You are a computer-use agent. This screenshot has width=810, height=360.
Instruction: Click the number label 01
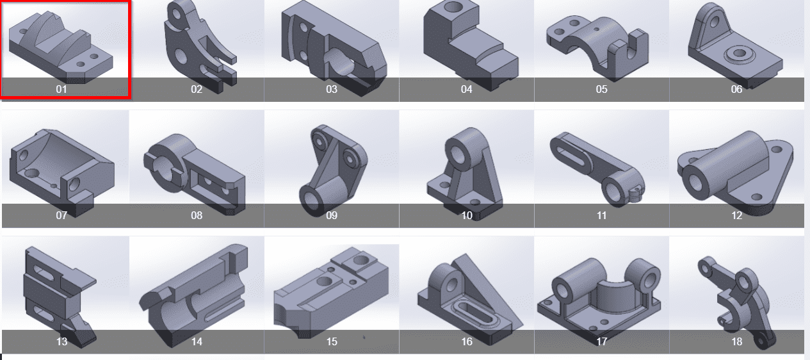(x=61, y=89)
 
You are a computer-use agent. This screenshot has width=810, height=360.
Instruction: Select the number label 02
(x=197, y=89)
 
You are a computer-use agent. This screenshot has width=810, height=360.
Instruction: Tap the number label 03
(x=332, y=89)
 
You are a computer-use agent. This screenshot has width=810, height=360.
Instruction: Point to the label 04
(x=467, y=89)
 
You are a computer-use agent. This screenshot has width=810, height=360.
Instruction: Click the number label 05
(x=601, y=89)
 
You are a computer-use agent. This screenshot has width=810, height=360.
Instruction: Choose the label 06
(x=736, y=89)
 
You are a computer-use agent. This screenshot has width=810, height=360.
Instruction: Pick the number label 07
(x=61, y=215)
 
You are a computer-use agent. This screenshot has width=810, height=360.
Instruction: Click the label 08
(x=197, y=215)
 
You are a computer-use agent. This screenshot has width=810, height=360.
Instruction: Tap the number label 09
(x=332, y=215)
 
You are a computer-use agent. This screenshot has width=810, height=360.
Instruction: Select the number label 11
(x=601, y=215)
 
